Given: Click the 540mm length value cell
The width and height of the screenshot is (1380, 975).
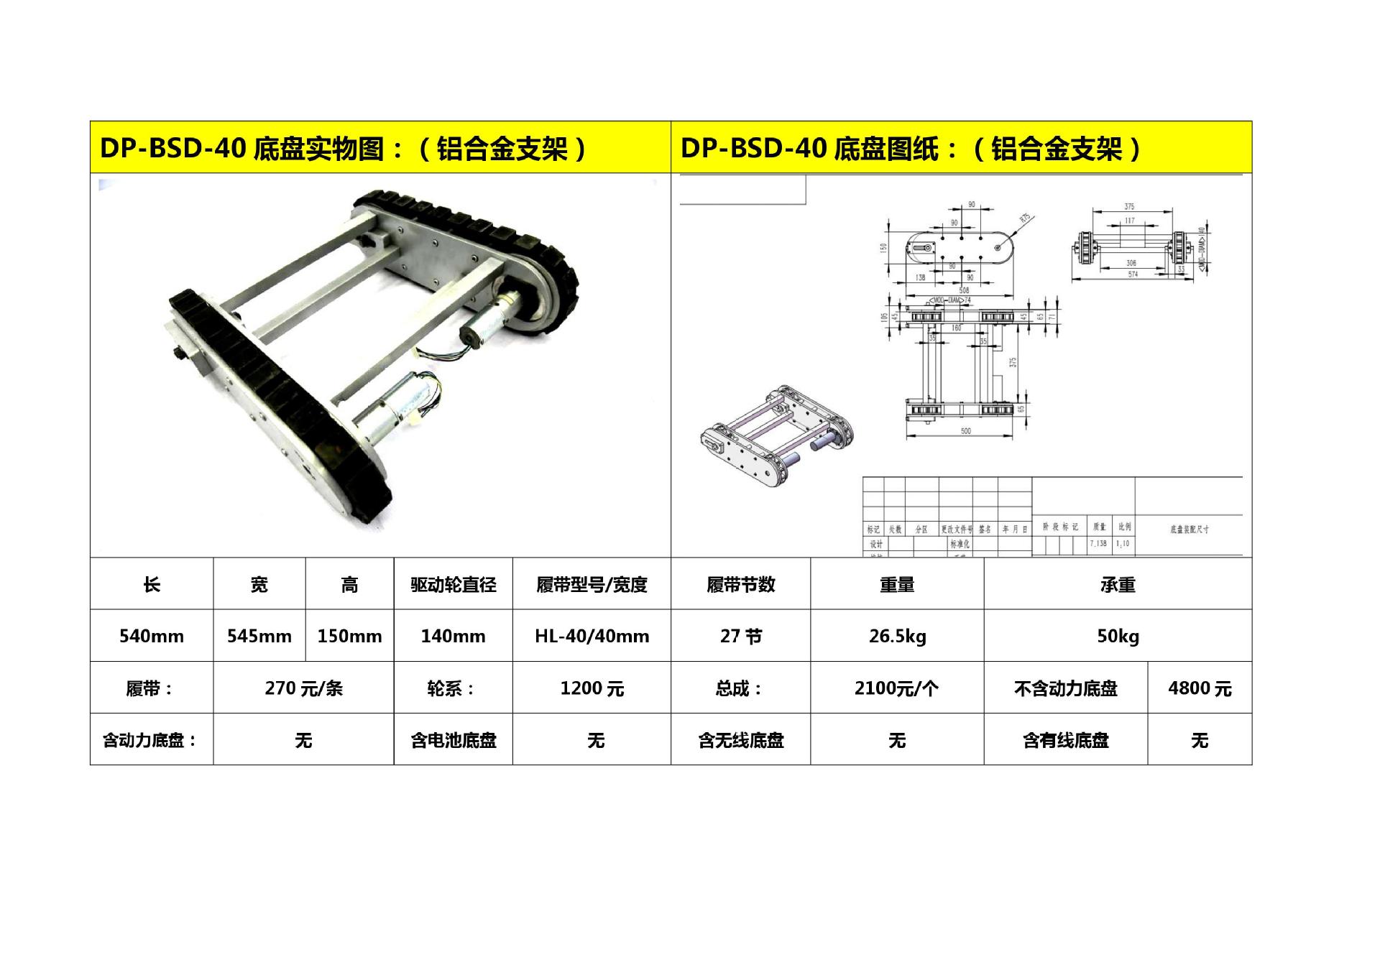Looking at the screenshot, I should tap(151, 636).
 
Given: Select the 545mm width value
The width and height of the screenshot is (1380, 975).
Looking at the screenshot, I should tap(259, 636).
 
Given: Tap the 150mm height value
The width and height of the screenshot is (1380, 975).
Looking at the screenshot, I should tap(349, 636).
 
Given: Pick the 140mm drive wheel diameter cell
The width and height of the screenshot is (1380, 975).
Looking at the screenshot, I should tap(453, 636).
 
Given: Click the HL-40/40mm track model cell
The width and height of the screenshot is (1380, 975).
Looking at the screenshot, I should tap(592, 636).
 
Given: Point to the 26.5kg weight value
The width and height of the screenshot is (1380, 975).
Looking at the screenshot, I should tap(897, 636).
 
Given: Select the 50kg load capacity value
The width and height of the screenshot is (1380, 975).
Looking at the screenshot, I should tap(1118, 636).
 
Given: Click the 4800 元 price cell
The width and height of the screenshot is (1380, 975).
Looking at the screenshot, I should tap(1200, 688).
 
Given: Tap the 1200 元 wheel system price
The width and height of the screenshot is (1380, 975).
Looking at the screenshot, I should tap(592, 688).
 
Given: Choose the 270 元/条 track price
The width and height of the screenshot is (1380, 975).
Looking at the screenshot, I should tap(303, 688).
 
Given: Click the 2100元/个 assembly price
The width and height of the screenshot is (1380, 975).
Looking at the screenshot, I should tap(896, 688).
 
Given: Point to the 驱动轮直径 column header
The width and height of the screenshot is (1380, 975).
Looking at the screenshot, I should tap(453, 585).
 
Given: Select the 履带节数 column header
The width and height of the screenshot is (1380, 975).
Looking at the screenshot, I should tap(740, 585).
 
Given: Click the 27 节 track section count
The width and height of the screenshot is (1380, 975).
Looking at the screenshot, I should tap(740, 636).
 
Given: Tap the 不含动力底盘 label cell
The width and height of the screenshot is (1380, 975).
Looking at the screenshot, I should tap(1065, 688).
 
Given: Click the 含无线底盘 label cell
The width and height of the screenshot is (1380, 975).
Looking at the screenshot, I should tap(740, 740).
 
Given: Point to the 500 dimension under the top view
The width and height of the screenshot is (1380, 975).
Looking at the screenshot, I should tap(965, 431).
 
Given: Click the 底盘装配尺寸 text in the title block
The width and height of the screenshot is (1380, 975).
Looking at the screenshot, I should tap(1189, 530).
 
